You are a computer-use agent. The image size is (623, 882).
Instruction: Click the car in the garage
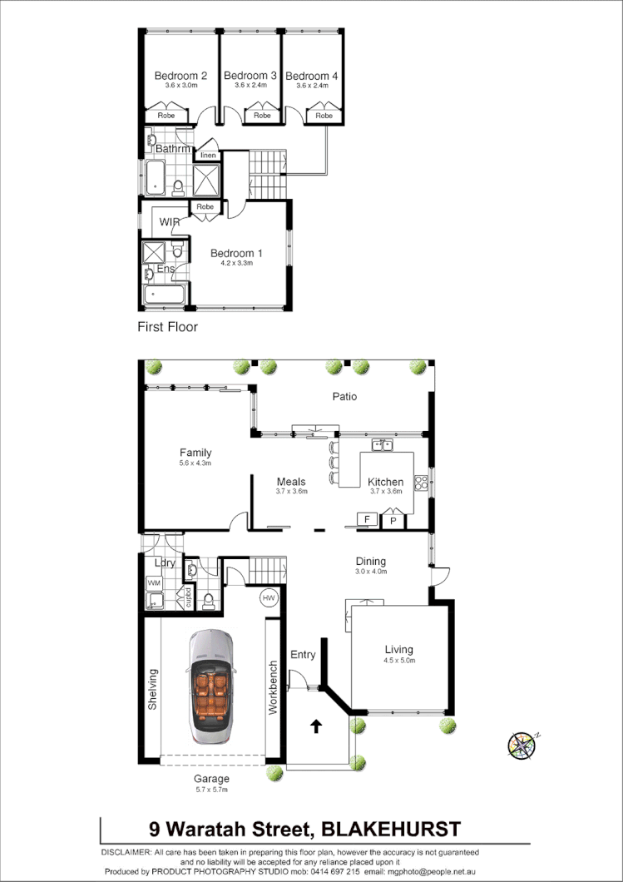(211, 687)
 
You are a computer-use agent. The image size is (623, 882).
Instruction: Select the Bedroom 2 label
(180, 76)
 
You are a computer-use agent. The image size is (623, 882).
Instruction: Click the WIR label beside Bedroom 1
(170, 222)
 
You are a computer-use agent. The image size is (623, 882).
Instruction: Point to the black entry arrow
(316, 726)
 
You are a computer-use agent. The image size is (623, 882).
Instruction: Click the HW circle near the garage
(269, 597)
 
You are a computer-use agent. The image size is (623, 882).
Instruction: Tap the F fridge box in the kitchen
(364, 520)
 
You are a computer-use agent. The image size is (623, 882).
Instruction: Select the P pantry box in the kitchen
(392, 522)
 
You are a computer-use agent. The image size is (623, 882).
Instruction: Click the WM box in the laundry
(154, 584)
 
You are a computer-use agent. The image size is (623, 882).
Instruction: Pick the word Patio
(344, 397)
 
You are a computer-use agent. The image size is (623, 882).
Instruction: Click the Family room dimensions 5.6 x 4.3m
(195, 463)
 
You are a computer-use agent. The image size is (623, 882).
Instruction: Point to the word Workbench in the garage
(273, 689)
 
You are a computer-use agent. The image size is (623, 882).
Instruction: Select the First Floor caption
(167, 327)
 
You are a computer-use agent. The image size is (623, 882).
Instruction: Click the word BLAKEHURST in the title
(390, 829)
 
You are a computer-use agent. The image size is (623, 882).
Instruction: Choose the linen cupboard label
(208, 156)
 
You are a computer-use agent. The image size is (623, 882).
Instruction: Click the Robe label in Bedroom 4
(323, 116)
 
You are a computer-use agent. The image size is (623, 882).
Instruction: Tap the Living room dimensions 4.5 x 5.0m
(398, 661)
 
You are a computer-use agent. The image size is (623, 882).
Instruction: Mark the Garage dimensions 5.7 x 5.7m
(210, 790)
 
